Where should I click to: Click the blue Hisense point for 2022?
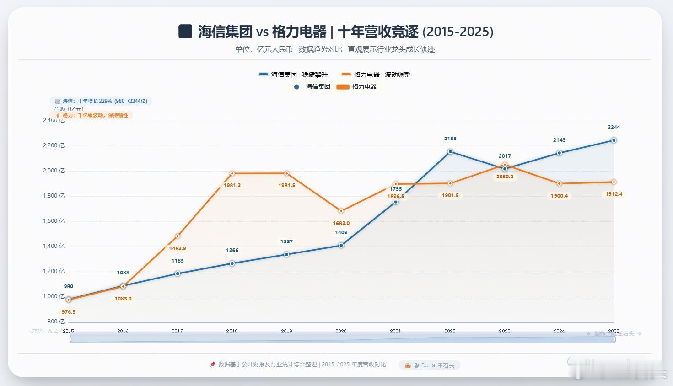(x=450, y=151)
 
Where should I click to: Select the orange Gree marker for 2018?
(x=232, y=173)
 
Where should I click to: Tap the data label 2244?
(x=614, y=127)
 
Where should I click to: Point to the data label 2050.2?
(x=505, y=177)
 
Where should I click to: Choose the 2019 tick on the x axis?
(x=286, y=331)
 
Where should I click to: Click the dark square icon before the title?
(x=185, y=32)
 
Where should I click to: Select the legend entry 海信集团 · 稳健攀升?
(x=293, y=75)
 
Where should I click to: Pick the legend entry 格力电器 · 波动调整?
(x=376, y=75)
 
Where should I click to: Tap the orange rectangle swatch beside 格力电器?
(x=343, y=86)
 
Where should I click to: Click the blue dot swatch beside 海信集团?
(x=296, y=86)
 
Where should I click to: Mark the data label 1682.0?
(x=341, y=223)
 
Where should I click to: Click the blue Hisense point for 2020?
(x=341, y=246)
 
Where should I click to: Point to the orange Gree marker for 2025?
(x=614, y=182)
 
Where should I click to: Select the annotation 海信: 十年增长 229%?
(x=101, y=101)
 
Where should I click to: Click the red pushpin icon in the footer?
(x=212, y=365)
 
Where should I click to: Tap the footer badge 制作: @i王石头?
(x=430, y=365)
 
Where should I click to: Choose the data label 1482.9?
(x=178, y=248)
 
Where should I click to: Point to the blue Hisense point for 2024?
(x=559, y=153)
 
